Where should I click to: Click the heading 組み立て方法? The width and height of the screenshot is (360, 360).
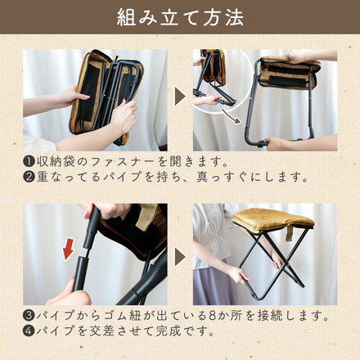[x=180, y=17]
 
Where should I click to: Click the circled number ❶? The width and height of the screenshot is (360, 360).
[x=29, y=162]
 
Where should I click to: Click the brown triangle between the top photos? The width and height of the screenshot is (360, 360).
[x=180, y=98]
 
